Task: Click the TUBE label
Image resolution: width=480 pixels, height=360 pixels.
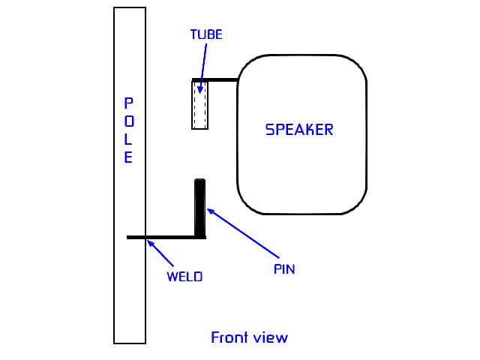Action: (x=205, y=34)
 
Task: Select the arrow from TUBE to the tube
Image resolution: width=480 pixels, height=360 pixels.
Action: (x=202, y=67)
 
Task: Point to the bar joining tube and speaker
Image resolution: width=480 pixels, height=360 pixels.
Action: (x=221, y=79)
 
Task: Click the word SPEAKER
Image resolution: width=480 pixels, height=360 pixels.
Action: (x=299, y=130)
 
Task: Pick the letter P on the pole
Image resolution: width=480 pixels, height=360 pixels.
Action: (x=129, y=103)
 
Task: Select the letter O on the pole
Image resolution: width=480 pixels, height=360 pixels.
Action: (x=129, y=121)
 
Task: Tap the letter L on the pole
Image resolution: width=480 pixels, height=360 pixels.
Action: (x=129, y=139)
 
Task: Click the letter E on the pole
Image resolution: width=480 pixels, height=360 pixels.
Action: (x=129, y=157)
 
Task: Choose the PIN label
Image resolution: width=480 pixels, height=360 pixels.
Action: (x=284, y=269)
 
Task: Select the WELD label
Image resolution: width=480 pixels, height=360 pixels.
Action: (x=184, y=276)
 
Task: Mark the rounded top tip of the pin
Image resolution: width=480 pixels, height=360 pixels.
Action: (x=199, y=181)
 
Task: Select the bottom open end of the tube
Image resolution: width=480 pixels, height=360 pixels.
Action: (x=199, y=128)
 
